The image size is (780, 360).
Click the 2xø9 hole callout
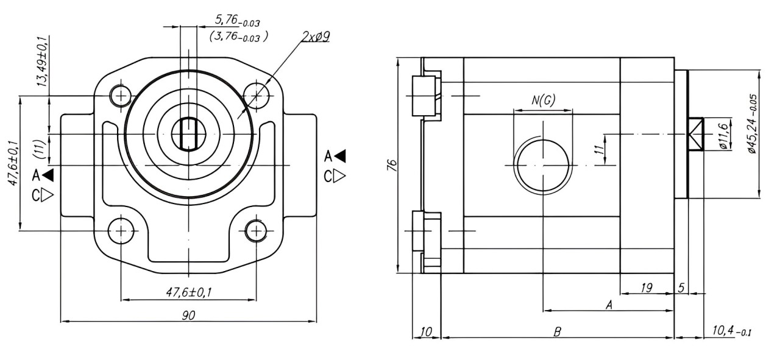[x=316, y=37]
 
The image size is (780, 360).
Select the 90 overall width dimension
[x=188, y=315]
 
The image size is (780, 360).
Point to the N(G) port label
[x=543, y=101]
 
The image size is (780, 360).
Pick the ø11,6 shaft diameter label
[x=723, y=135]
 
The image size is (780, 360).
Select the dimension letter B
[x=557, y=331]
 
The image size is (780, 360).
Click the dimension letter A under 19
[x=608, y=305]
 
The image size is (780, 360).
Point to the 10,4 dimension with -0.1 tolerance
[x=731, y=331]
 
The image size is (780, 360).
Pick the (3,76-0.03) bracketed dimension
[x=239, y=37]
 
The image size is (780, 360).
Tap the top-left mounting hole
[x=121, y=95]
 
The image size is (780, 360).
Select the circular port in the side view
[x=542, y=164]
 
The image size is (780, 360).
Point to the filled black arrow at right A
[x=339, y=156]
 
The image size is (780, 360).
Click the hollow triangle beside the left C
[x=49, y=196]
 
